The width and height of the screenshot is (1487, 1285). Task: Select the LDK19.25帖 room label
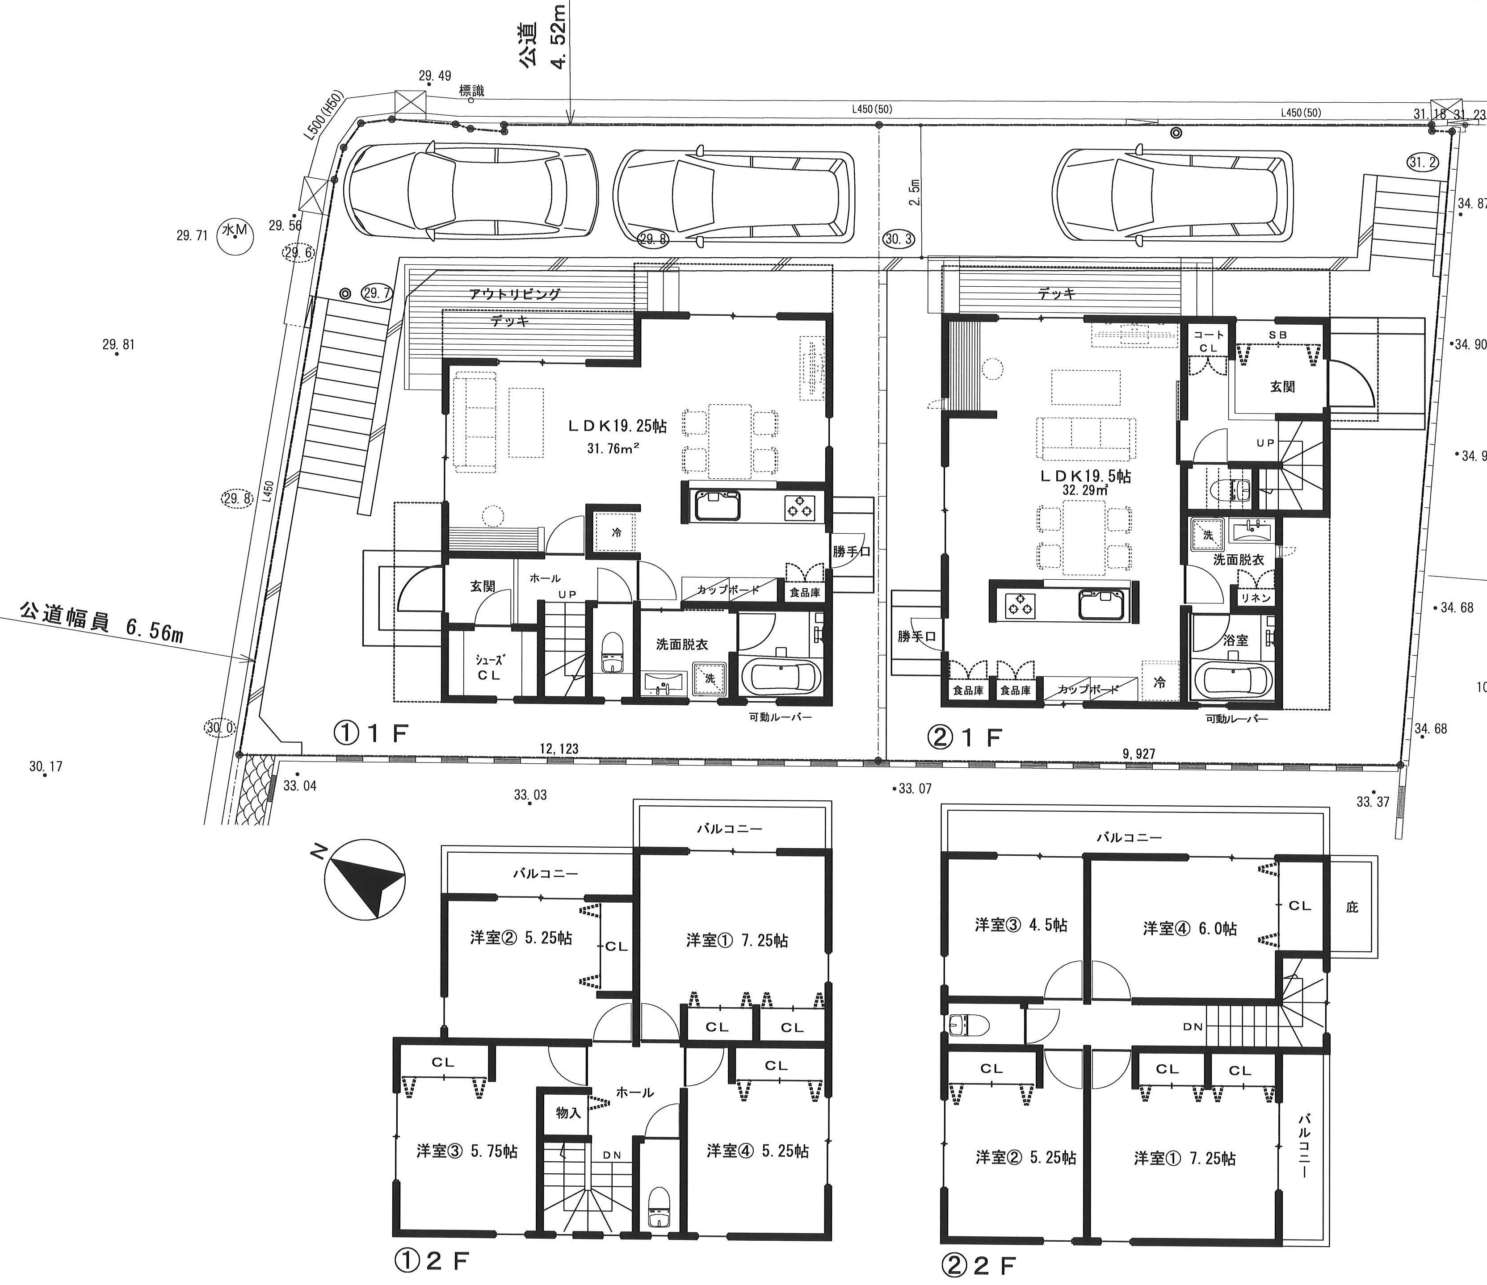click(x=617, y=426)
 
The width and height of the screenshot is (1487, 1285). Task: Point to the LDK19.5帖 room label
click(x=1085, y=477)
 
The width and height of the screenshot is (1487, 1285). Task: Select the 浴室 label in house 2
click(x=1235, y=640)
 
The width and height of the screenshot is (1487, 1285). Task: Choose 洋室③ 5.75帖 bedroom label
click(x=466, y=1151)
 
